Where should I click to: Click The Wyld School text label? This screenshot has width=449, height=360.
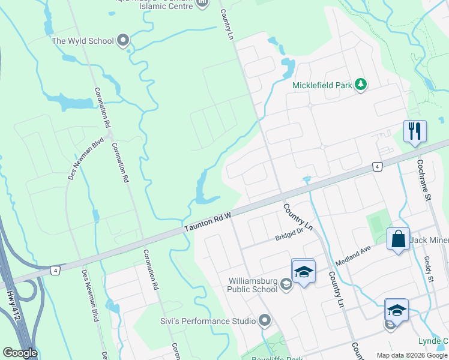pos(82,41)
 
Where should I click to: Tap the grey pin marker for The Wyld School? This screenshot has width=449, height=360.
pos(124,41)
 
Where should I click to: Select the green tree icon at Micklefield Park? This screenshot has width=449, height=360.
pos(361,85)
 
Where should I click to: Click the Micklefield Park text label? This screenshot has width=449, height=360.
pos(322,85)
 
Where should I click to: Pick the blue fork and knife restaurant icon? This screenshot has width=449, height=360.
pos(415,131)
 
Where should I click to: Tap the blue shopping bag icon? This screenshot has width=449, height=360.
pos(398,239)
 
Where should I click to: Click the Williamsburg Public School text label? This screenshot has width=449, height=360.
pos(253,284)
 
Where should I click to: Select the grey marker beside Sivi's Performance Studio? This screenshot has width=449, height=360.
pos(265,321)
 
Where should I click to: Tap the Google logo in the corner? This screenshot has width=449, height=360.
pos(20,353)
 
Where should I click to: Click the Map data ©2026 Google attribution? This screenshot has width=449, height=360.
pos(412,355)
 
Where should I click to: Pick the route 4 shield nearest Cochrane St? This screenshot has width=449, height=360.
pos(377,166)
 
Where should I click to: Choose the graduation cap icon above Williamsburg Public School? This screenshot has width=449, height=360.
pos(303,271)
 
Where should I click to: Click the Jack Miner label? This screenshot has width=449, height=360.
pos(429,241)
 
